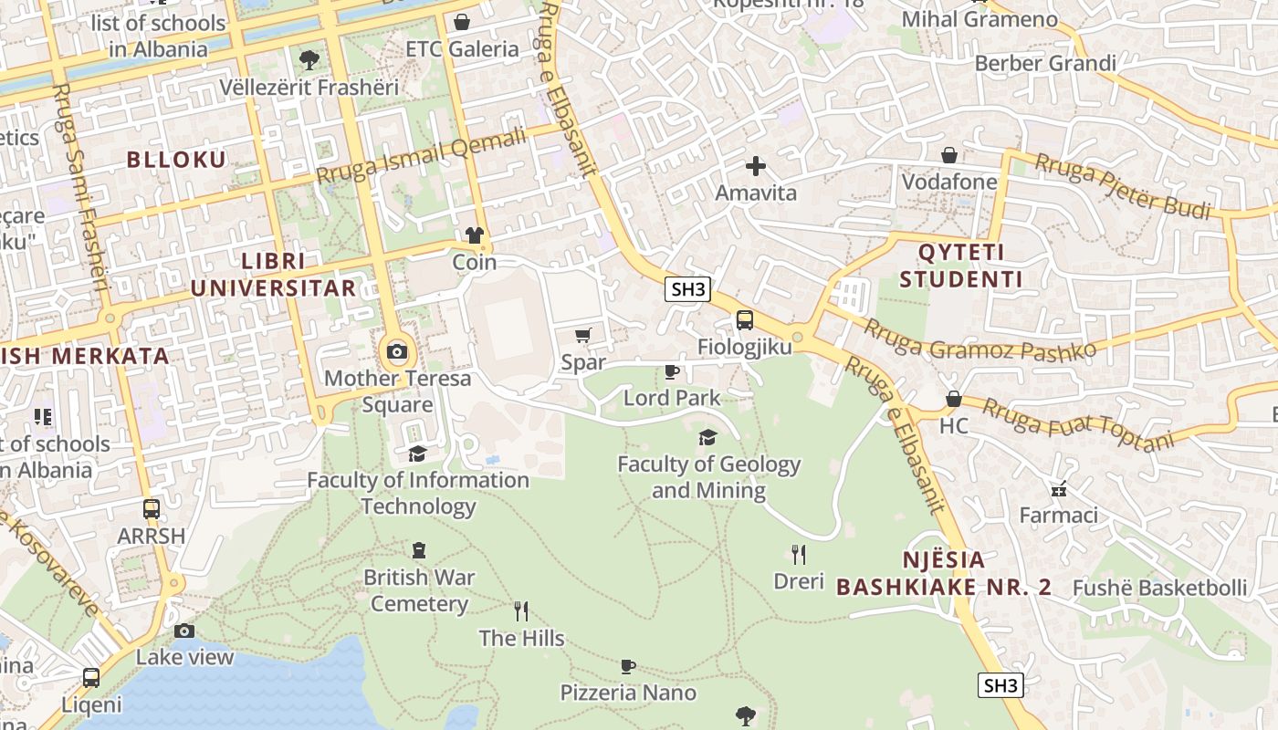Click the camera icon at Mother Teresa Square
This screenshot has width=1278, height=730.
(x=396, y=351)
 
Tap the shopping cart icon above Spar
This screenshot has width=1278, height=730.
(x=583, y=335)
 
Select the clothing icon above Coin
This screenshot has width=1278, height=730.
(x=474, y=235)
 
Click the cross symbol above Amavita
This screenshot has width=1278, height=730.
(x=755, y=166)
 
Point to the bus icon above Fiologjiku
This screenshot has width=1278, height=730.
(x=745, y=320)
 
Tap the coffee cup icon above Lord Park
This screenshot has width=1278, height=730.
(x=672, y=371)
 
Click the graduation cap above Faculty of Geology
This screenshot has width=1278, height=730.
(x=707, y=437)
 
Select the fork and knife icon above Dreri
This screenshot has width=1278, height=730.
(x=799, y=554)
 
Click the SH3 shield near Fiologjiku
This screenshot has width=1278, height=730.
(x=687, y=290)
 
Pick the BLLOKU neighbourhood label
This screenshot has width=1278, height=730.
(x=176, y=160)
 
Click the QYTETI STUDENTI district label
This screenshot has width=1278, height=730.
(x=960, y=266)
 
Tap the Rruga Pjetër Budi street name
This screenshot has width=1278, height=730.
(x=1122, y=186)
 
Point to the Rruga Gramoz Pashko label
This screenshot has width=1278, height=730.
(x=979, y=341)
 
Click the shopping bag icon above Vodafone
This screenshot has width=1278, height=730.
(x=949, y=155)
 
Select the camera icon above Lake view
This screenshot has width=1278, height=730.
(x=184, y=631)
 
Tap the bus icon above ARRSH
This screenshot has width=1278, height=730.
(x=152, y=509)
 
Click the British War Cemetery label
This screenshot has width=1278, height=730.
(x=419, y=590)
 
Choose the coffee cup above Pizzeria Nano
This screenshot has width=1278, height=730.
(x=628, y=666)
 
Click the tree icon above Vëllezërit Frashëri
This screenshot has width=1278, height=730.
(x=309, y=60)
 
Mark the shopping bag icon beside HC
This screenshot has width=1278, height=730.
(x=953, y=399)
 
